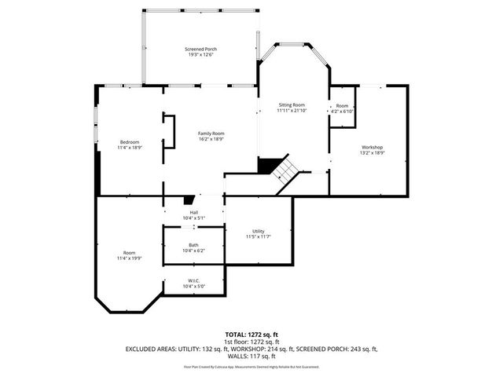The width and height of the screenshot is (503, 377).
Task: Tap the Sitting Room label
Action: click(x=291, y=104)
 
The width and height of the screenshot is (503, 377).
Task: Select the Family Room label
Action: click(x=211, y=134)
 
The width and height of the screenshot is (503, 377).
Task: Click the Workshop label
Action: click(x=372, y=148)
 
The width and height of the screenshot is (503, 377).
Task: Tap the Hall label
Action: click(x=193, y=212)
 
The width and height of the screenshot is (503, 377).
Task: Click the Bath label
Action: click(x=193, y=244)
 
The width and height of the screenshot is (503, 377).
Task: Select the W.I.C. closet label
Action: click(x=193, y=280)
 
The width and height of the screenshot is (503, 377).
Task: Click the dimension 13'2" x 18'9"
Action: click(x=372, y=154)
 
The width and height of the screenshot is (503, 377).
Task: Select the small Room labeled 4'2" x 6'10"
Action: click(x=343, y=108)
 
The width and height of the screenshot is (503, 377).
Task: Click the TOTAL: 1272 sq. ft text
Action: click(x=251, y=335)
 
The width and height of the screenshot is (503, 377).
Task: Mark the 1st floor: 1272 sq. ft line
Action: click(x=251, y=342)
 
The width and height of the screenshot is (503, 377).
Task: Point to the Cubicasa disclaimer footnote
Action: click(x=251, y=367)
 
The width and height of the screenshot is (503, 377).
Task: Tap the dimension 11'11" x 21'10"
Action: click(x=291, y=111)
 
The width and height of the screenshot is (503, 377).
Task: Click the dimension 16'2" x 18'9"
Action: click(x=211, y=140)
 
